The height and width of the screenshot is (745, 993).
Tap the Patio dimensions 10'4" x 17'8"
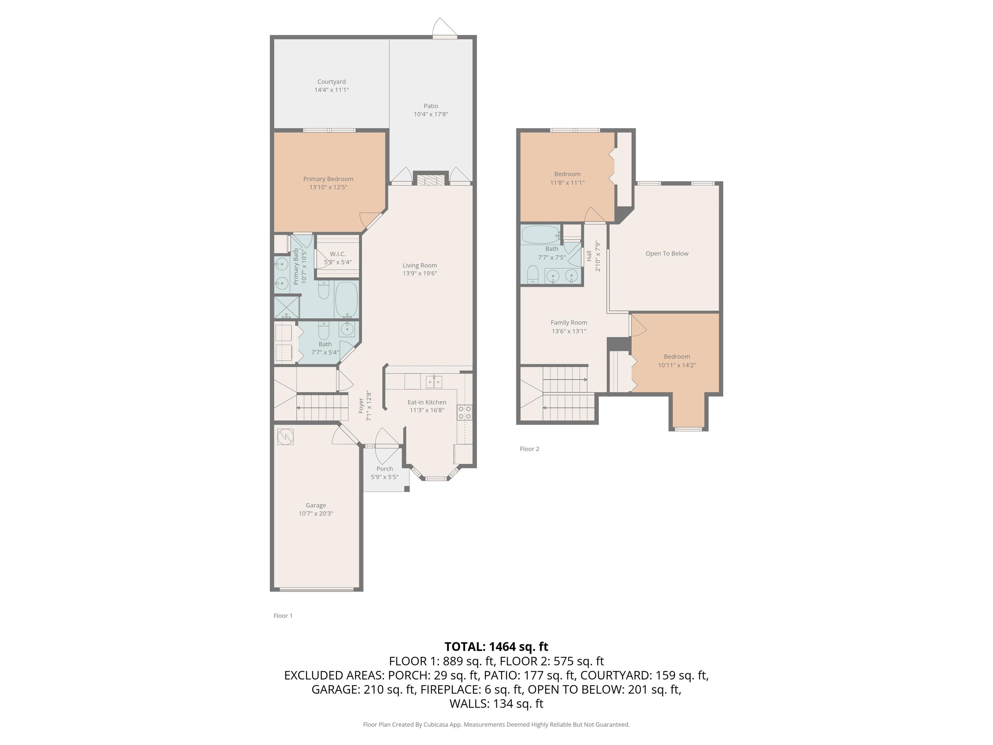(431, 114)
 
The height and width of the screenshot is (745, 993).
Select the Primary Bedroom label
(328, 179)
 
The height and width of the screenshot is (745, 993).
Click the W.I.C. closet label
(337, 254)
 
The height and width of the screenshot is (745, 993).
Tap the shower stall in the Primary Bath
(286, 307)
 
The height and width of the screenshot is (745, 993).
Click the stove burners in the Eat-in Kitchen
(464, 413)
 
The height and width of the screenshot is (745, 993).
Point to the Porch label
(385, 469)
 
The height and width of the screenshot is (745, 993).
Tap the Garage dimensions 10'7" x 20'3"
(316, 513)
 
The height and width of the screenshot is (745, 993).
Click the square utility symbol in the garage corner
(285, 437)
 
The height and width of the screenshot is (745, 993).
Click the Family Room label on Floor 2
(569, 322)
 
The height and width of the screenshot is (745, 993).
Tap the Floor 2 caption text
(529, 448)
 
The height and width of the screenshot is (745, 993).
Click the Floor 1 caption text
(283, 616)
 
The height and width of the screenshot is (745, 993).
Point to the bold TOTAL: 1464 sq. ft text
(496, 647)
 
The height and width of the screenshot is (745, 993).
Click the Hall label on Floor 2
(589, 256)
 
